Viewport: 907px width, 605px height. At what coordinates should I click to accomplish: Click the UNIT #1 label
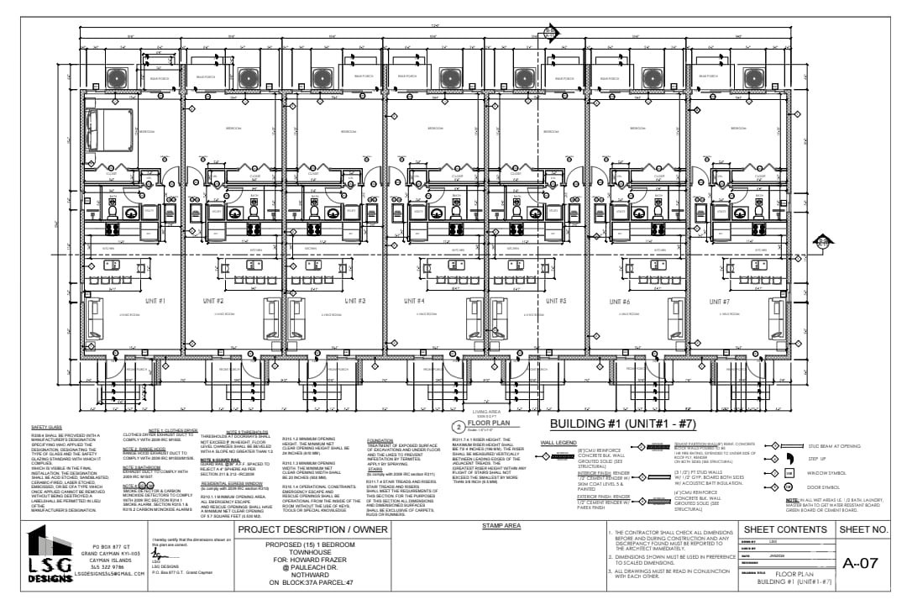pyautogui.click(x=156, y=300)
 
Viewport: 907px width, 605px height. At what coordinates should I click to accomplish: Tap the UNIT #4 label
pyautogui.click(x=416, y=300)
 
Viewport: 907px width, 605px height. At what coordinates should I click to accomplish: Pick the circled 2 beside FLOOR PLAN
pyautogui.click(x=459, y=426)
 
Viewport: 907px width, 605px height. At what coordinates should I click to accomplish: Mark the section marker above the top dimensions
pyautogui.click(x=550, y=33)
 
